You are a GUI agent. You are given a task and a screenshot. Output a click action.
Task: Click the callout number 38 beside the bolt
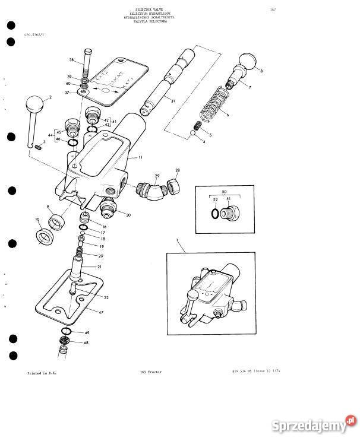[71, 61]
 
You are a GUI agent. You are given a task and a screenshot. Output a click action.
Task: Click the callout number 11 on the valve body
[140, 158]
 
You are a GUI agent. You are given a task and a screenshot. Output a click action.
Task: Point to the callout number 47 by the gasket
[101, 311]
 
